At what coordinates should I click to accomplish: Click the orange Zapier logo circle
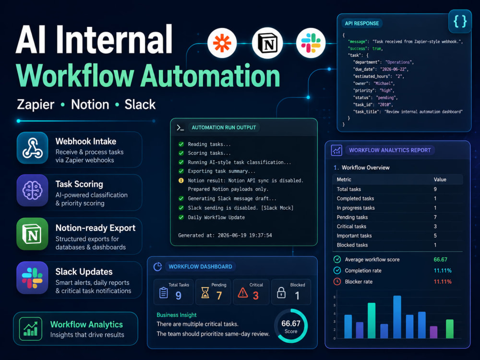pyautogui.click(x=222, y=43)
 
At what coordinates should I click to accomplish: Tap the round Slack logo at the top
pyautogui.click(x=311, y=43)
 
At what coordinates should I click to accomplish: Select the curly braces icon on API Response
pyautogui.click(x=460, y=22)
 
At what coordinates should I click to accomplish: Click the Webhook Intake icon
pyautogui.click(x=33, y=148)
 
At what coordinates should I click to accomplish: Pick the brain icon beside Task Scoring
pyautogui.click(x=33, y=190)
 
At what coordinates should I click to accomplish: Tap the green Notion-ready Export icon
pyautogui.click(x=33, y=234)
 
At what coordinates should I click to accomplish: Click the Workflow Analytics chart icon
pyautogui.click(x=31, y=329)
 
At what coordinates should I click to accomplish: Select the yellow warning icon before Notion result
pyautogui.click(x=181, y=180)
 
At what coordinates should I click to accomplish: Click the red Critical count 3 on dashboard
pyautogui.click(x=256, y=295)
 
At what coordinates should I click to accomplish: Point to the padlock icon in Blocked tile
pyautogui.click(x=281, y=293)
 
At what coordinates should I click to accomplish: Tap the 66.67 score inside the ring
pyautogui.click(x=291, y=324)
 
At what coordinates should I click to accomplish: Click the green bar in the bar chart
pyautogui.click(x=450, y=329)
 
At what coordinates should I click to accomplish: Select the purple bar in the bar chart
pyautogui.click(x=434, y=332)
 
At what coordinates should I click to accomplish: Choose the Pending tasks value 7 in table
pyautogui.click(x=435, y=217)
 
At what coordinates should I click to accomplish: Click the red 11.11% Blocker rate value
pyautogui.click(x=443, y=282)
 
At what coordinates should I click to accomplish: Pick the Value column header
pyautogui.click(x=440, y=180)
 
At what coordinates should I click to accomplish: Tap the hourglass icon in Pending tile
pyautogui.click(x=205, y=293)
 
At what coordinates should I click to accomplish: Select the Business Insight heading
pyautogui.click(x=177, y=315)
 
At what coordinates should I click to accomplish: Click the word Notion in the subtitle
pyautogui.click(x=90, y=105)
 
